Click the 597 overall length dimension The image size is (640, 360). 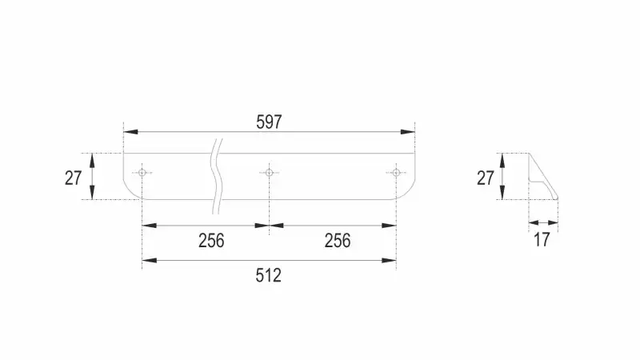pyautogui.click(x=269, y=122)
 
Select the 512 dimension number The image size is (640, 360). pyautogui.click(x=269, y=275)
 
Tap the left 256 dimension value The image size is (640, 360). pyautogui.click(x=211, y=241)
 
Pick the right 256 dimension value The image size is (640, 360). pyautogui.click(x=338, y=241)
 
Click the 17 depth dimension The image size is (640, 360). pyautogui.click(x=542, y=239)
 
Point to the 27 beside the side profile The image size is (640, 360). pyautogui.click(x=486, y=178)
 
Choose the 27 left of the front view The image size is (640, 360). pyautogui.click(x=73, y=178)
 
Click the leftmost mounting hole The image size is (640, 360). pyautogui.click(x=142, y=173)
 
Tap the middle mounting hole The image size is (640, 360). pyautogui.click(x=269, y=173)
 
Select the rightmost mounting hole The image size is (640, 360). pyautogui.click(x=396, y=173)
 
